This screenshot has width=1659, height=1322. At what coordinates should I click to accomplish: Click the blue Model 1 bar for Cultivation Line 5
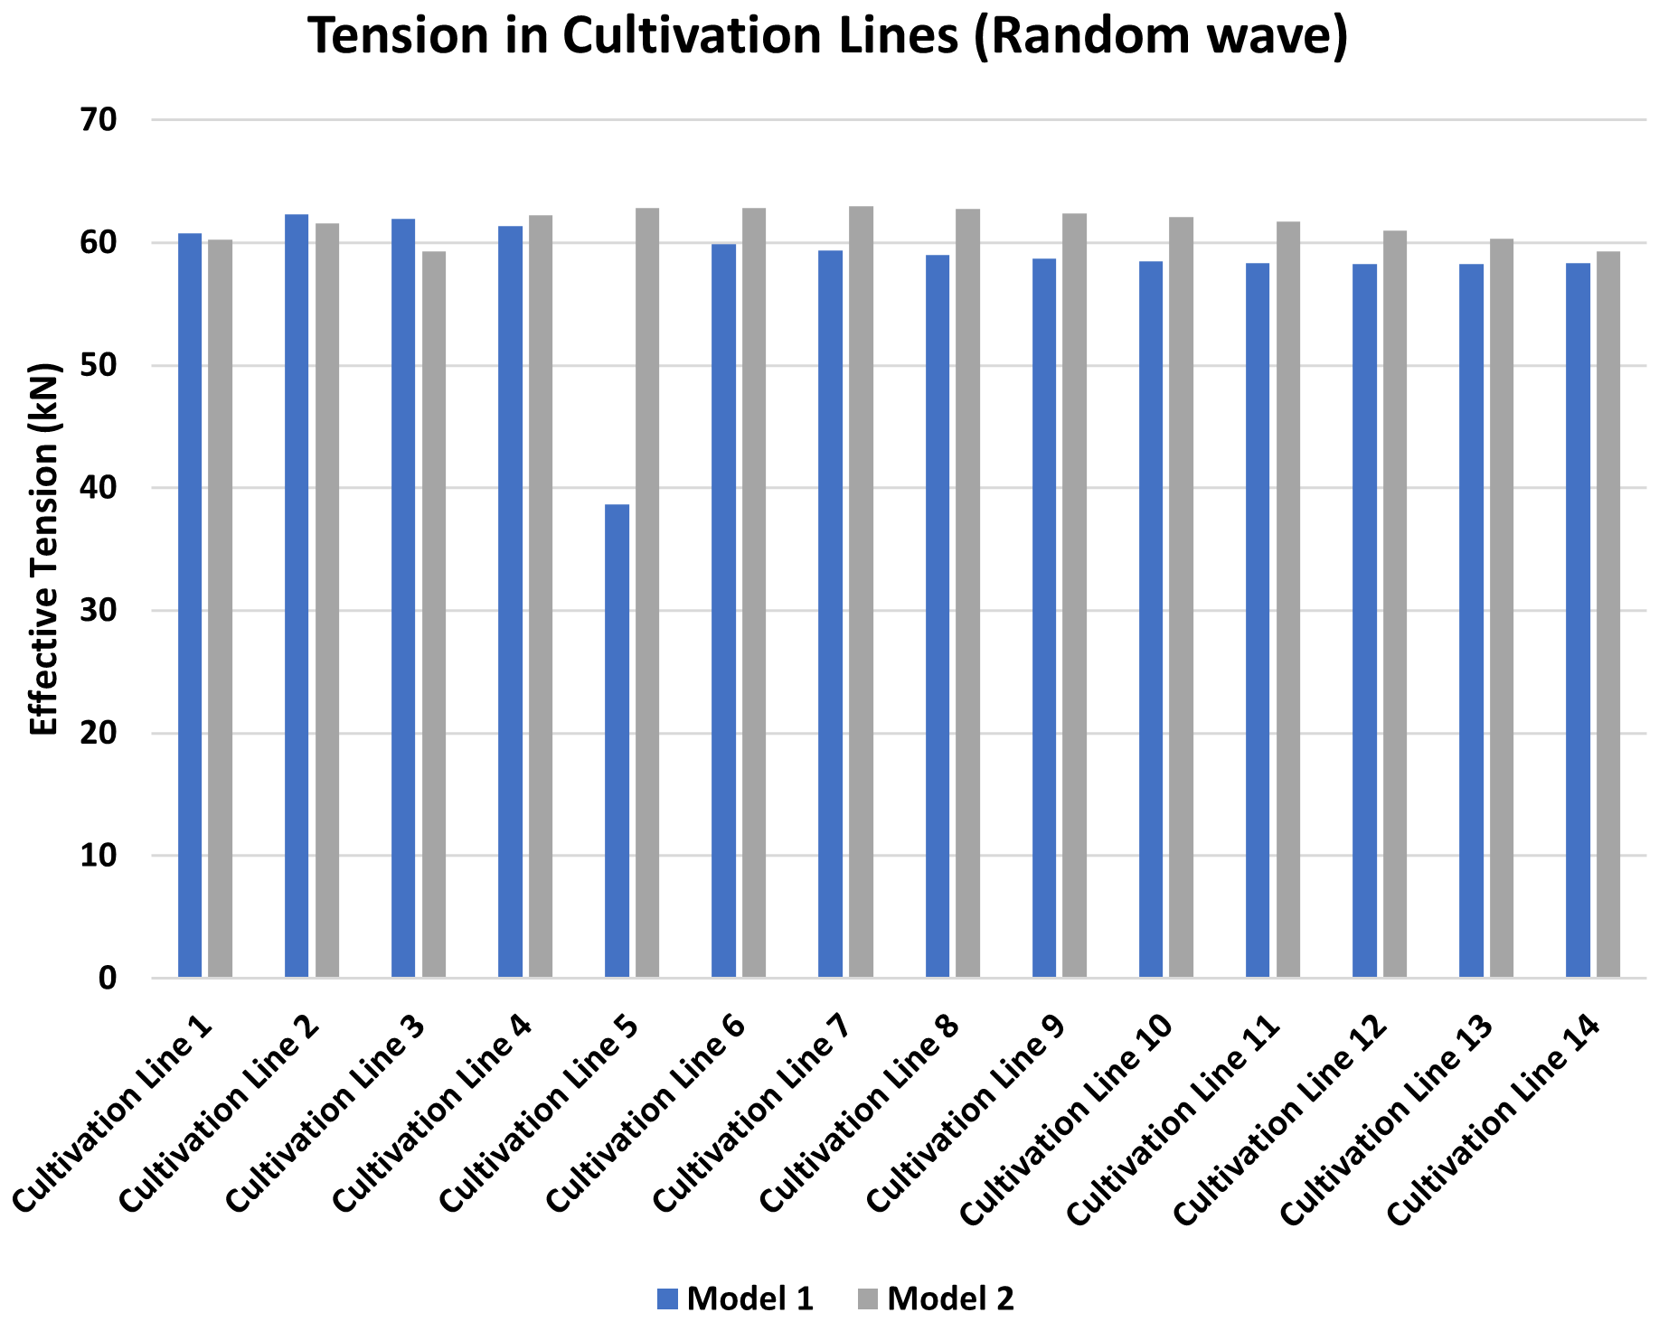tap(617, 741)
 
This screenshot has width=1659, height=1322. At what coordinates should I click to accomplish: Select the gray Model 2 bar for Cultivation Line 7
tap(861, 592)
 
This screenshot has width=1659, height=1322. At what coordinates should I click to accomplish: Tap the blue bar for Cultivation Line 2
tap(297, 596)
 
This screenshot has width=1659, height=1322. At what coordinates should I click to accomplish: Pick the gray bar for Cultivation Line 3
tap(434, 614)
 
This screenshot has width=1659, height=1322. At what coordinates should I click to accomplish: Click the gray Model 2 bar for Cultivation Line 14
tap(1608, 614)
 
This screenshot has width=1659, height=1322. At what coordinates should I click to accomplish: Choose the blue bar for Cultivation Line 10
tap(1151, 619)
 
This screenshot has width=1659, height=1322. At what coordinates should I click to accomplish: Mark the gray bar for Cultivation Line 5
tap(647, 592)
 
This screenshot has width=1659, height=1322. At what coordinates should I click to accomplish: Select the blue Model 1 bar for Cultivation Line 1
tap(190, 605)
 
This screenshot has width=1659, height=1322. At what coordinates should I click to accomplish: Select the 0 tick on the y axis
tap(108, 978)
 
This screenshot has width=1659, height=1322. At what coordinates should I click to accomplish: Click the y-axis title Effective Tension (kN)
tap(43, 549)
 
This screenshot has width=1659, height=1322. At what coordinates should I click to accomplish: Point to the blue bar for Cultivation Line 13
tap(1471, 620)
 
